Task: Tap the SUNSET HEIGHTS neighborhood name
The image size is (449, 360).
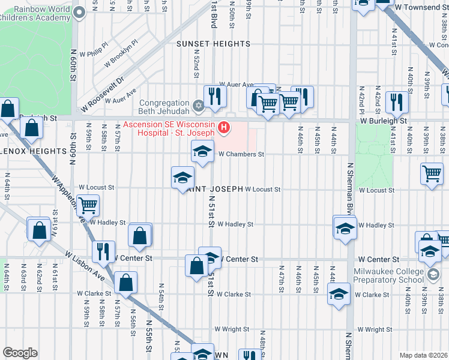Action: click(213, 44)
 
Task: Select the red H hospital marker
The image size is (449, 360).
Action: click(224, 127)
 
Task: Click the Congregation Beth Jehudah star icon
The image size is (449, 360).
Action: click(199, 106)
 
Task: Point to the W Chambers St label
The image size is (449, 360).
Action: click(241, 154)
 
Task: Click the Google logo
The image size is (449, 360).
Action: click(20, 353)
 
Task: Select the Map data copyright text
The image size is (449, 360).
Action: click(423, 355)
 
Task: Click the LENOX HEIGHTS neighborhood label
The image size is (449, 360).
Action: click(23, 151)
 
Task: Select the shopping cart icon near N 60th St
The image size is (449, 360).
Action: click(88, 206)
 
